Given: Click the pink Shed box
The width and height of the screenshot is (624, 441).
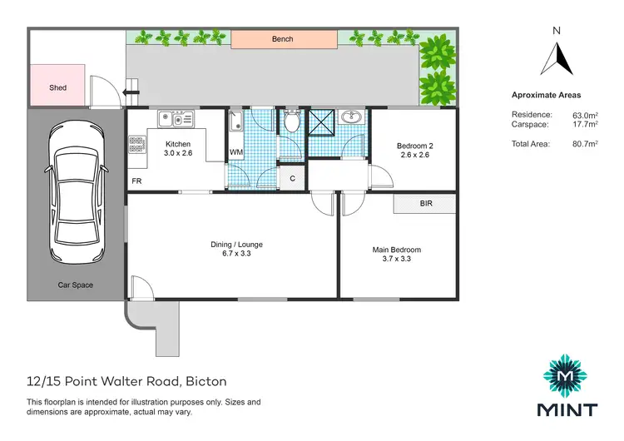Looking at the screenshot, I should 57,87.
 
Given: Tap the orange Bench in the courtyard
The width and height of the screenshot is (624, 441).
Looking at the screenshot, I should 284,38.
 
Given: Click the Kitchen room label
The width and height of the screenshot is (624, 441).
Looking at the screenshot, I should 178,144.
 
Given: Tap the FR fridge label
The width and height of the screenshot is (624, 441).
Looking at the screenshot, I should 136,181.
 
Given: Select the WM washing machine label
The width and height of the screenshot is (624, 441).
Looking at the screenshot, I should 235,153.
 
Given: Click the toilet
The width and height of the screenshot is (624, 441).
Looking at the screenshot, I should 291,123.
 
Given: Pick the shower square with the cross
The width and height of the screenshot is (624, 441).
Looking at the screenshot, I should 321,121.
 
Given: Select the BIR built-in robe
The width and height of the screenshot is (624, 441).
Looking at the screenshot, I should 425,203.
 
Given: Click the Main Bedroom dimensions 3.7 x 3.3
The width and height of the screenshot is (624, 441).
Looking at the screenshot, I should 396,259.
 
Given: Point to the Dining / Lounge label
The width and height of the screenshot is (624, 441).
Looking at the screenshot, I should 236,244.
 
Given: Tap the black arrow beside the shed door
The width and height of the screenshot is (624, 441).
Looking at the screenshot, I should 131,93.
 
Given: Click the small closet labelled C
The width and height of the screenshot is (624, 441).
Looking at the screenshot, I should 292,178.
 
